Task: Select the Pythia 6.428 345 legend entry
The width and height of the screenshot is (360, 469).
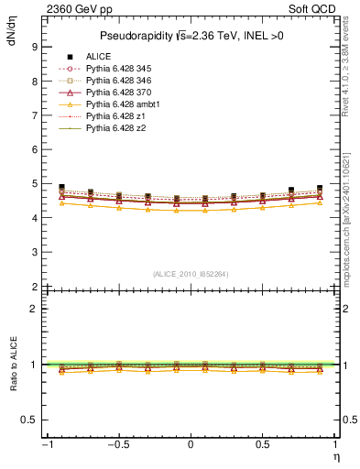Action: coord(120,70)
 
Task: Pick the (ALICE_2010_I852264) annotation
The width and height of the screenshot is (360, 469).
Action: coord(191,274)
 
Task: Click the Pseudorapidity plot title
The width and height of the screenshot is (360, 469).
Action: coord(191,36)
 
